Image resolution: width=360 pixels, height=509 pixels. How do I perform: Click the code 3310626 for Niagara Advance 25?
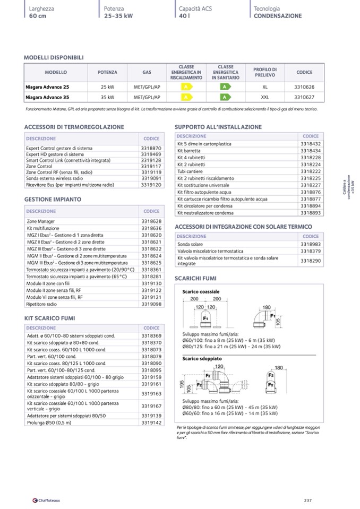point(304,87)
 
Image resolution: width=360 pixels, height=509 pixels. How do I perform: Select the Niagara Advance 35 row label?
point(47,97)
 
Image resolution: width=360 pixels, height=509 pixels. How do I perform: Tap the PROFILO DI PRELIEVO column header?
point(265,73)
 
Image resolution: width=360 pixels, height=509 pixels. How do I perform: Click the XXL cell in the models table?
point(265,97)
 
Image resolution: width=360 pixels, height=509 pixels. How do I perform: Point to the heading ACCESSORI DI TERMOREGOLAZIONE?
point(74,127)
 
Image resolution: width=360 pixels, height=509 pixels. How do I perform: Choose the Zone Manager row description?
point(41,221)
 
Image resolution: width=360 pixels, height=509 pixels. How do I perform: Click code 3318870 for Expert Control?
point(151,148)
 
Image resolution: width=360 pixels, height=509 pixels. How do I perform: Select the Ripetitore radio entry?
point(41,304)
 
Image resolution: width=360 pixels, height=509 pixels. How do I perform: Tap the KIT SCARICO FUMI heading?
point(49,318)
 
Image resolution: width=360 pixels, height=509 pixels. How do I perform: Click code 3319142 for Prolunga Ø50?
point(151,422)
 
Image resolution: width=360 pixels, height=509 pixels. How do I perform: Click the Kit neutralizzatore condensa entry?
point(205,213)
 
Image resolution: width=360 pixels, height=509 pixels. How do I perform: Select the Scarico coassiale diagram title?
point(201,292)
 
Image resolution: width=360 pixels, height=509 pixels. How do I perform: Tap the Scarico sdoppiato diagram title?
point(202,359)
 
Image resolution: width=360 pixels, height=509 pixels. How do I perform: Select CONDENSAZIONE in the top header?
point(278,16)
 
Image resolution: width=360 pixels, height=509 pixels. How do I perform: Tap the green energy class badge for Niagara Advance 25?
point(225,87)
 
